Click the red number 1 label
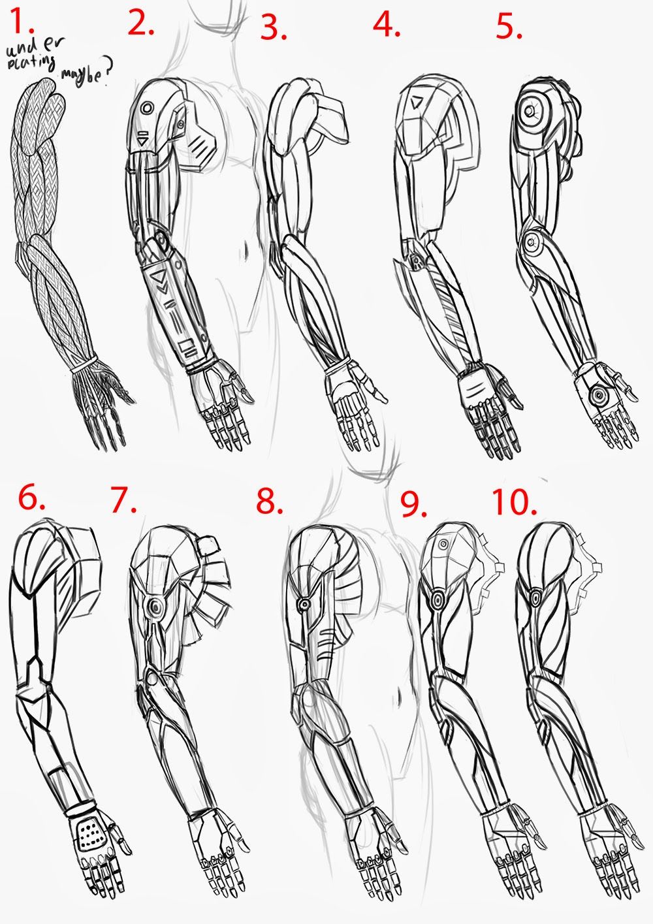click(20, 25)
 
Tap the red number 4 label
click(387, 25)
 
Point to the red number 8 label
click(269, 502)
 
